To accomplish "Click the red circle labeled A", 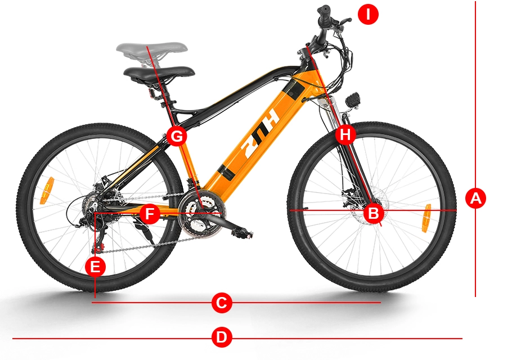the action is point(475,198).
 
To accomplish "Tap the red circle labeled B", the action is point(374,213).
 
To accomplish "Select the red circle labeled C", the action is point(222,302).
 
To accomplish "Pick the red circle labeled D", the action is point(222,337).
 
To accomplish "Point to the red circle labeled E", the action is point(95,267).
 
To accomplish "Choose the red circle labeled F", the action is point(150,214).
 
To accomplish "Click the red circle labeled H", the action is point(345,134).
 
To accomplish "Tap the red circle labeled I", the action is point(368,15).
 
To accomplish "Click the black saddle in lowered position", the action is point(159,73).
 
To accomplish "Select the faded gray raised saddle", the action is point(152,49).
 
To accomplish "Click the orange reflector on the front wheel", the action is point(426,218).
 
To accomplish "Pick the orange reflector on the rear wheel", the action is point(46,191).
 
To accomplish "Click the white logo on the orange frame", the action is point(261,134).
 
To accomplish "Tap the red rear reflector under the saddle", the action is point(152,92).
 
